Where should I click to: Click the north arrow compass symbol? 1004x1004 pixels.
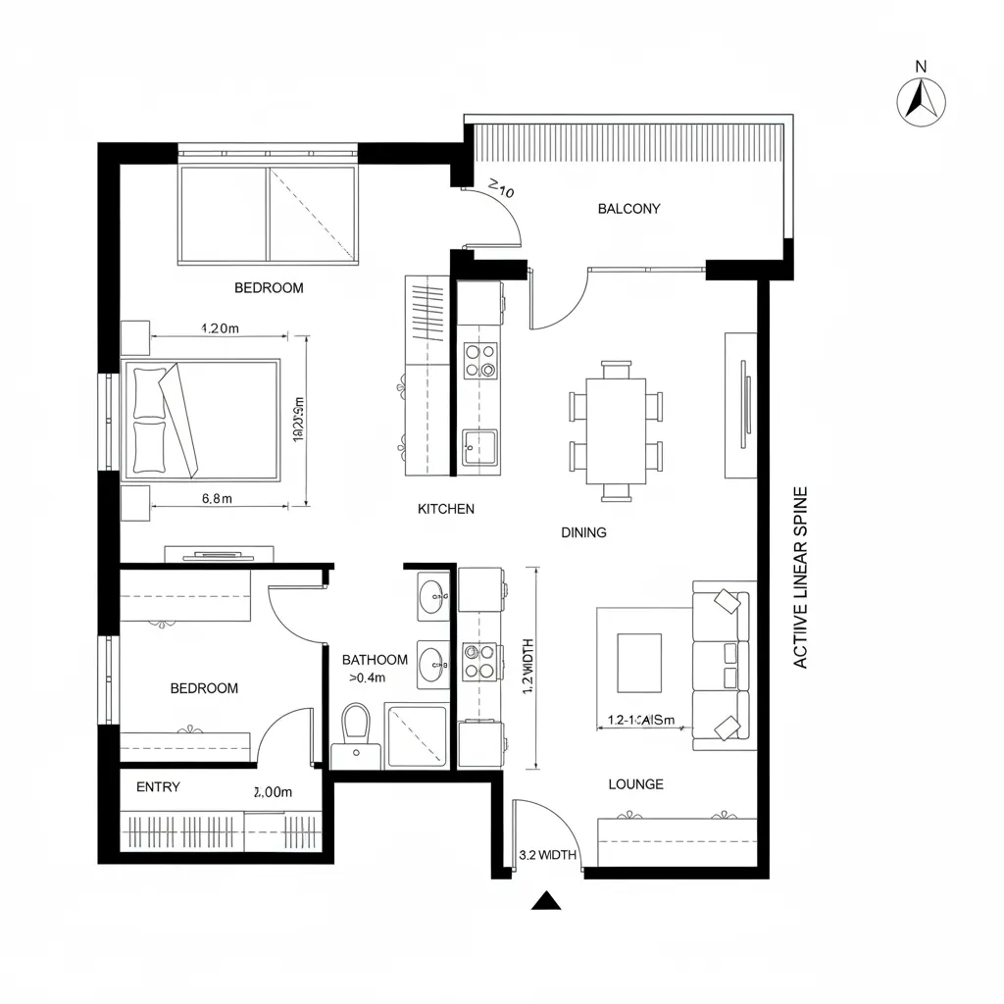(922, 99)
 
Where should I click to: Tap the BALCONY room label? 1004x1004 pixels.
(628, 209)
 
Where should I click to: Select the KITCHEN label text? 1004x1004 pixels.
(446, 509)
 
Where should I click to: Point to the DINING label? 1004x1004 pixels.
(583, 532)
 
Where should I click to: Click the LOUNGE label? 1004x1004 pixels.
(635, 784)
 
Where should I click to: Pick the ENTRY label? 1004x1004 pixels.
(158, 787)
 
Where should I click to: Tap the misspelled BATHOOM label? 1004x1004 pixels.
(375, 660)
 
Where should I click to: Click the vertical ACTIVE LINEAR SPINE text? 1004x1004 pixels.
(800, 577)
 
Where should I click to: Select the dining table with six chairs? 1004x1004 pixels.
(616, 429)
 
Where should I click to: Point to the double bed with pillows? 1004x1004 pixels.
(201, 419)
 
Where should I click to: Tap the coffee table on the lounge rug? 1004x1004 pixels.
(638, 662)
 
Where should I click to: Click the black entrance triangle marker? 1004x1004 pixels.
(545, 901)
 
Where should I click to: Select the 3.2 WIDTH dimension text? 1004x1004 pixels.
(546, 855)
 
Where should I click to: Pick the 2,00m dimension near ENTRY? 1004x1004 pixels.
(273, 791)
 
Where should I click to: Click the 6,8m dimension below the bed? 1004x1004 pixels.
(217, 498)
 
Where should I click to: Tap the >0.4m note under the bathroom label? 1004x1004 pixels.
(367, 678)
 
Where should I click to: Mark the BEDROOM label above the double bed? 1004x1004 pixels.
(269, 288)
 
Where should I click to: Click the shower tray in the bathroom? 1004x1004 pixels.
(417, 735)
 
